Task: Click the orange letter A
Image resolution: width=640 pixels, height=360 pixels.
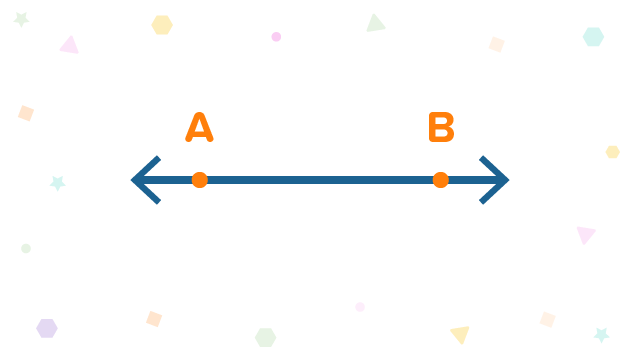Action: click(x=199, y=129)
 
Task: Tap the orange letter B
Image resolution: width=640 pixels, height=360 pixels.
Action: click(x=441, y=129)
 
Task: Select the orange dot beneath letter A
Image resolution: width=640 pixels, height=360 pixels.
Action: click(x=200, y=180)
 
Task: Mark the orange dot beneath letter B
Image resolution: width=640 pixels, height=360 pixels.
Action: click(x=440, y=180)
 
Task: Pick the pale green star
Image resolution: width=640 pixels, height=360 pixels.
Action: click(x=21, y=19)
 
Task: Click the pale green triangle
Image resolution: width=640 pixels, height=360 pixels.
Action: click(x=375, y=24)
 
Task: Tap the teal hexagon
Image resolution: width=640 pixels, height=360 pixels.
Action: click(x=593, y=37)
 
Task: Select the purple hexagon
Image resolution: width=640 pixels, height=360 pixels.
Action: click(x=47, y=328)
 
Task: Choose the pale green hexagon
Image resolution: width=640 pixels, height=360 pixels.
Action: click(x=265, y=338)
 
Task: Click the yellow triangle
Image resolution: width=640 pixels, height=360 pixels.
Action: click(x=460, y=333)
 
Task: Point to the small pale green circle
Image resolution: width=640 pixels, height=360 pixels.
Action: click(x=26, y=248)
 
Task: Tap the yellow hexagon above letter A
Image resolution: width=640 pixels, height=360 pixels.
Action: click(x=162, y=25)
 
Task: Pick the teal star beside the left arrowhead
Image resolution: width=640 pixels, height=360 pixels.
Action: click(x=58, y=182)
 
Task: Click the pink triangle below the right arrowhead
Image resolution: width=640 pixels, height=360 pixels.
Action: click(x=585, y=235)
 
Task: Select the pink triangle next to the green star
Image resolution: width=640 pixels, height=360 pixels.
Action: click(x=69, y=45)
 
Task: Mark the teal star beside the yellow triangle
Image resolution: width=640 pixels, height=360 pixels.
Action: click(x=601, y=334)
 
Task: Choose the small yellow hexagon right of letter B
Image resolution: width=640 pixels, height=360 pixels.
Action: click(x=612, y=152)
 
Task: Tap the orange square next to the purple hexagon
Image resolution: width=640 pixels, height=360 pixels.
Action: click(x=154, y=319)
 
